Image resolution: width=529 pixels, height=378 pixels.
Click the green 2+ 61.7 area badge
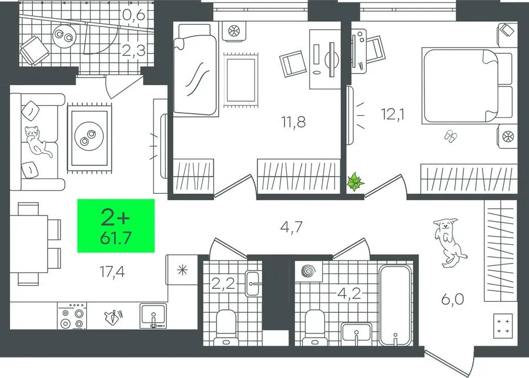click(116, 226)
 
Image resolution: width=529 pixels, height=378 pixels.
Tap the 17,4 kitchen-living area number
click(112, 272)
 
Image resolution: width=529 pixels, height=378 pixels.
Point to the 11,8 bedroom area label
click(293, 122)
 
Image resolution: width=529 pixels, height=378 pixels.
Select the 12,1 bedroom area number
click(393, 114)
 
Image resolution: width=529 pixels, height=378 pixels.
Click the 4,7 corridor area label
click(292, 227)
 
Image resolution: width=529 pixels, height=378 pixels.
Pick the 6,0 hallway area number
click(453, 299)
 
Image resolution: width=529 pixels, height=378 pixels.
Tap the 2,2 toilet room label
click(223, 283)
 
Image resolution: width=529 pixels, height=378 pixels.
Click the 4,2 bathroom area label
click(350, 294)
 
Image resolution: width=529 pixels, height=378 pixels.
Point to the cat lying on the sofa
click(38, 141)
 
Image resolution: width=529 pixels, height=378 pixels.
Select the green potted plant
click(355, 182)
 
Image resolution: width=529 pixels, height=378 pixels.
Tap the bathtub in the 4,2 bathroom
click(396, 305)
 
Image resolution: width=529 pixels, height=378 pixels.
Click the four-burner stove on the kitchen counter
click(72, 316)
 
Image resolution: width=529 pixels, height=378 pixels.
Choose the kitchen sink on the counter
click(153, 316)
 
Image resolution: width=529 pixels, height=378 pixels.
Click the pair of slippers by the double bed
click(451, 136)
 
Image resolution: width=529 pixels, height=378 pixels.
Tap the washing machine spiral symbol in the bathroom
click(307, 271)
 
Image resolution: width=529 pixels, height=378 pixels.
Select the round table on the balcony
click(64, 36)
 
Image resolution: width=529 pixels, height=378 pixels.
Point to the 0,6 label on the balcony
click(133, 15)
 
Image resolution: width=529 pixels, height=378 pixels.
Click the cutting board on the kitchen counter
click(113, 317)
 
